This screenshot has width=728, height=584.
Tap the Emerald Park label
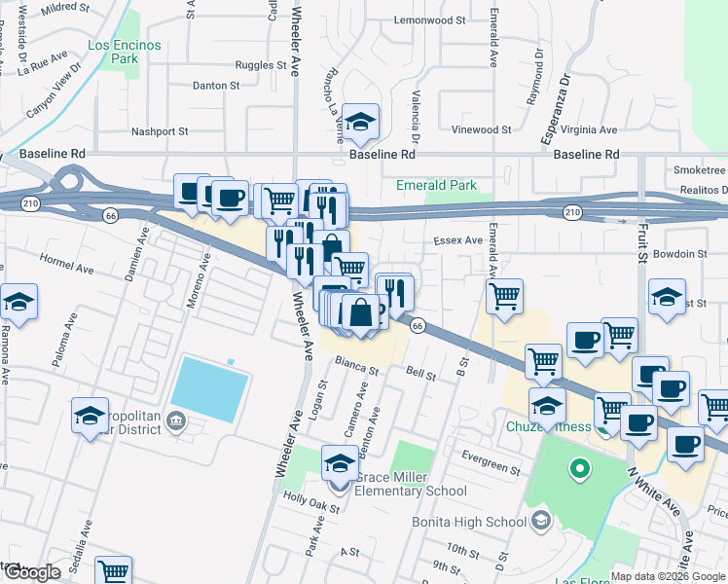[x=436, y=185]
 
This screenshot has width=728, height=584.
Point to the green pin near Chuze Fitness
[x=580, y=470]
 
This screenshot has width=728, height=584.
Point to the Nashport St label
[x=160, y=131]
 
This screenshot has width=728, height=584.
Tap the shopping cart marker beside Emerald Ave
[x=504, y=296]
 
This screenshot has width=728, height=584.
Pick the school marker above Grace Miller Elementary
[x=340, y=463]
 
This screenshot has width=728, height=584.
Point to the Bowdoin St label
[x=680, y=254]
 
